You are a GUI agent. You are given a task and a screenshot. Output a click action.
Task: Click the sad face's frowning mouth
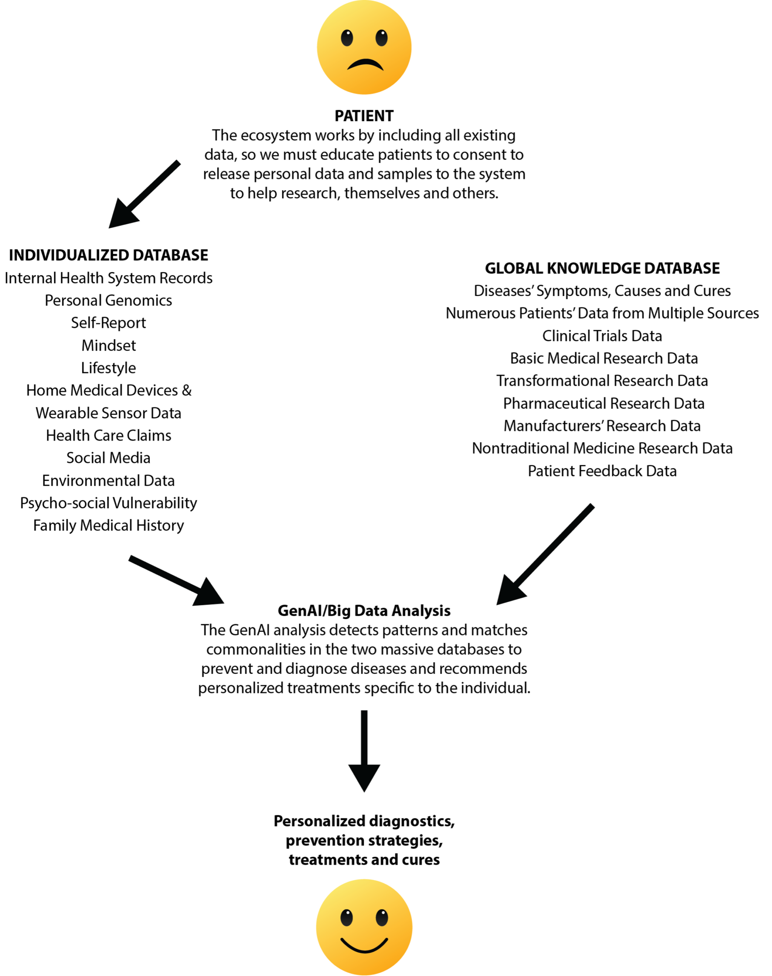click(365, 66)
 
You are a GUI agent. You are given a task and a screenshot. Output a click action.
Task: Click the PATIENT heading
click(364, 116)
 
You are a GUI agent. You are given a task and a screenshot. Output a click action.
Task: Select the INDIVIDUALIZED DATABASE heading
click(109, 255)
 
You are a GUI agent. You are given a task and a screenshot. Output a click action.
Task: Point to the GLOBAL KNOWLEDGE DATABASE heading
click(602, 268)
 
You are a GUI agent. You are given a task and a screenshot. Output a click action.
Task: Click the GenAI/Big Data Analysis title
click(364, 611)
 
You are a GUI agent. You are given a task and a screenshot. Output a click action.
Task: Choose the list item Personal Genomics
click(109, 300)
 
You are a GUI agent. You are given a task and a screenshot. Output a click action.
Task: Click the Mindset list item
click(109, 345)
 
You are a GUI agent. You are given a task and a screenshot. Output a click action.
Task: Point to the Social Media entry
click(109, 458)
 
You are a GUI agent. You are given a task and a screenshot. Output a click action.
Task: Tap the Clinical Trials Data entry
click(602, 336)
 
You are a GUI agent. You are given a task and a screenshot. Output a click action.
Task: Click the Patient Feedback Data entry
click(602, 471)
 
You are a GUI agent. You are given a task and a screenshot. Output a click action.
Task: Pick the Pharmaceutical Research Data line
click(604, 404)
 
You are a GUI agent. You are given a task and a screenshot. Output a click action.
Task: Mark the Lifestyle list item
click(109, 368)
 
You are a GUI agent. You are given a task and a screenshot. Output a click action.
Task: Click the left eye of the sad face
click(347, 38)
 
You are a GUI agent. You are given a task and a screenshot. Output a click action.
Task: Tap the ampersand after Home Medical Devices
click(187, 390)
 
